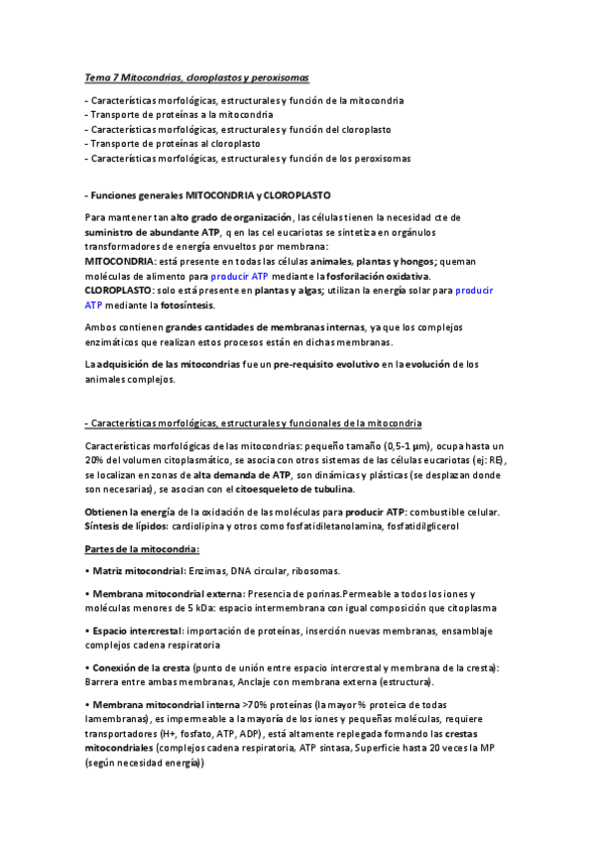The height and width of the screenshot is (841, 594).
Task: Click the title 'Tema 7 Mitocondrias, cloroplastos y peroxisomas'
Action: (210, 77)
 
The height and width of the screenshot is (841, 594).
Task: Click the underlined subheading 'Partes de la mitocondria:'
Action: (142, 549)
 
